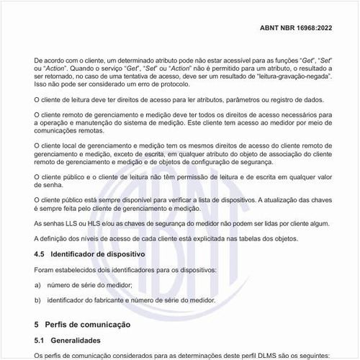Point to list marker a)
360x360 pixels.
point(37,285)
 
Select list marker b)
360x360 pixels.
point(37,299)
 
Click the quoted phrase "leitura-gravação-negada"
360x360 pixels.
point(287,74)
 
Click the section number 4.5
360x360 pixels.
point(40,254)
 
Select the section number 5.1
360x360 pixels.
point(40,339)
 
